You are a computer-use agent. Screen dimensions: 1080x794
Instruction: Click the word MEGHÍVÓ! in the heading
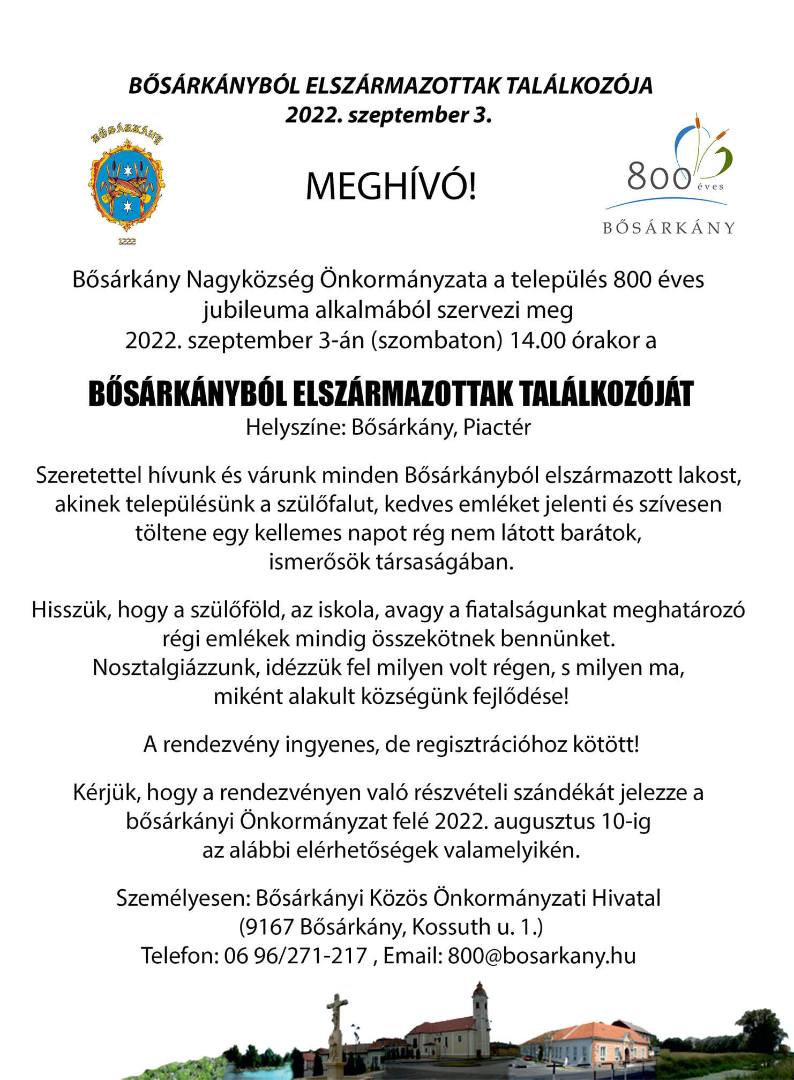[391, 187]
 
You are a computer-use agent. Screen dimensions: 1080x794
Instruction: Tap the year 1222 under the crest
[127, 242]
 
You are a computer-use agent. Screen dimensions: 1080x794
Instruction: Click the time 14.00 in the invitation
[537, 341]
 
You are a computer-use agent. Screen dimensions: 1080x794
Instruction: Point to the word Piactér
[497, 428]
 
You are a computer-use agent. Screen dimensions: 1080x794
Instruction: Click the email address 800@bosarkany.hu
[542, 956]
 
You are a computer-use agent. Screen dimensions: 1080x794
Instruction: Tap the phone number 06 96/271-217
[295, 956]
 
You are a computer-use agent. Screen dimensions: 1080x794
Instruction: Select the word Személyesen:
[183, 898]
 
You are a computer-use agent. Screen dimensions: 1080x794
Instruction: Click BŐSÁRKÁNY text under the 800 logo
[669, 228]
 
